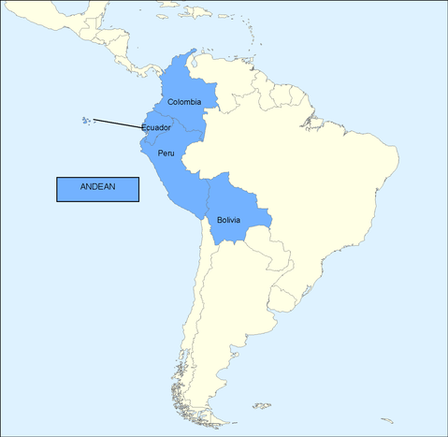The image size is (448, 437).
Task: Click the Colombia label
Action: pos(184,102)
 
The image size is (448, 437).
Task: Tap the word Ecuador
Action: pos(156,127)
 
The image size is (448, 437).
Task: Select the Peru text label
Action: pos(166,153)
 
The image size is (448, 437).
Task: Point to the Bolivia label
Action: pos(228,220)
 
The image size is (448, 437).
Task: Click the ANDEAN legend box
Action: pos(97,187)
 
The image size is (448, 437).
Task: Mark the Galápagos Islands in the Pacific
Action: pos(87,120)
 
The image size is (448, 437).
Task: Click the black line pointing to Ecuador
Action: pos(118,123)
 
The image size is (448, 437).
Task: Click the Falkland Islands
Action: pos(262,404)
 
